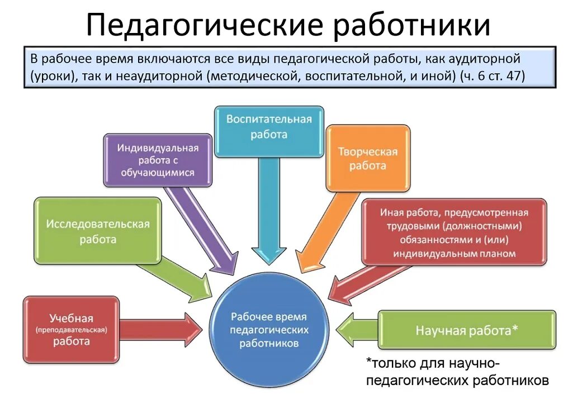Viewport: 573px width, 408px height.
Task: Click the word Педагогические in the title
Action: coord(204,25)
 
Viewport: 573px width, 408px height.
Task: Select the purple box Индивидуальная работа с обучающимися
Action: coord(158,160)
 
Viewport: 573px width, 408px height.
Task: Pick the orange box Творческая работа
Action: coord(368,159)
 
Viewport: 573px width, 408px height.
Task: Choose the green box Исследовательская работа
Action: coord(98,231)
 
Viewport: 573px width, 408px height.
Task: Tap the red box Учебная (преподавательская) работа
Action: coord(71,330)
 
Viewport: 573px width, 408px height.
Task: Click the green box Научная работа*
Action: coord(467,330)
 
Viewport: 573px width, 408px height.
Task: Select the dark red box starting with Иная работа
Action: coord(454,233)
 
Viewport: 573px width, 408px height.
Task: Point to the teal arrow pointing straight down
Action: coord(269,212)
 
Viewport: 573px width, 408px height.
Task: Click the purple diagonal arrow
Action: coord(205,229)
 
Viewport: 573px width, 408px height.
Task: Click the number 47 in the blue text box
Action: coord(514,77)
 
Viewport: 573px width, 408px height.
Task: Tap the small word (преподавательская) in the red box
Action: coord(71,330)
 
